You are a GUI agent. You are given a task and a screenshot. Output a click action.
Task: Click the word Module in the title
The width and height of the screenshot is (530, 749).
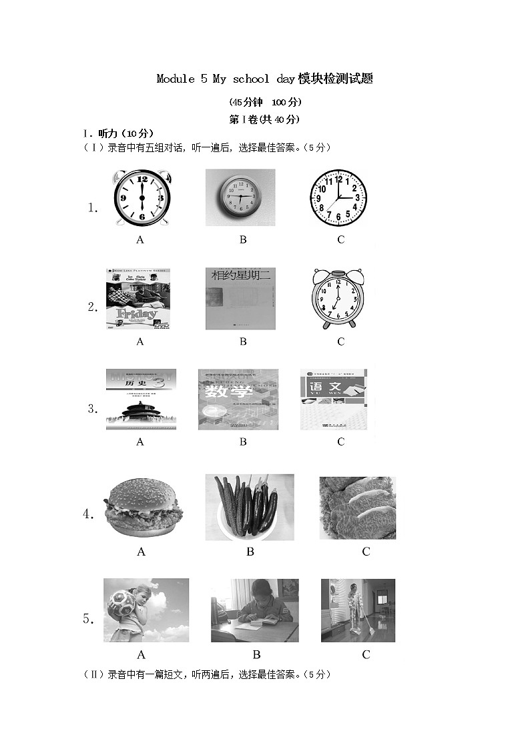click(x=175, y=79)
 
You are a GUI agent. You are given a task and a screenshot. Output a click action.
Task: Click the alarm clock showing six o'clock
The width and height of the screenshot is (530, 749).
click(x=142, y=198)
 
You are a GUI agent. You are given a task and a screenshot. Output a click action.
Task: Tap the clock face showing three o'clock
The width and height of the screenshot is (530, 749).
click(x=338, y=198)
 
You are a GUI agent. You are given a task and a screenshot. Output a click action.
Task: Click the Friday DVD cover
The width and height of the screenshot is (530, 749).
click(x=140, y=299)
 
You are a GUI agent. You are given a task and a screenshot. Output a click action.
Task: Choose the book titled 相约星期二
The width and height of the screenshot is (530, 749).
click(x=240, y=299)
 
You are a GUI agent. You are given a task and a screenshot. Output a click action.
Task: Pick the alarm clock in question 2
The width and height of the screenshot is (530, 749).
click(x=338, y=299)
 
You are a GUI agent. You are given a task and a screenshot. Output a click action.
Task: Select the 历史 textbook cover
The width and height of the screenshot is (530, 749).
click(x=141, y=399)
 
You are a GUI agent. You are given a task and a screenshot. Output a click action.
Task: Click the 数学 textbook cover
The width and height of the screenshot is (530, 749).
click(x=238, y=399)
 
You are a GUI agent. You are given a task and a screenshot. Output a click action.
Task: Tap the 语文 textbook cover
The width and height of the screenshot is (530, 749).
click(x=336, y=399)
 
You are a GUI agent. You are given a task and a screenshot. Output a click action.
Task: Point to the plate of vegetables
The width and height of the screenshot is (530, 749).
click(x=250, y=508)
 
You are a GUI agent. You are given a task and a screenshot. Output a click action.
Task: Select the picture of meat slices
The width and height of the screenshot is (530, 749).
click(x=357, y=508)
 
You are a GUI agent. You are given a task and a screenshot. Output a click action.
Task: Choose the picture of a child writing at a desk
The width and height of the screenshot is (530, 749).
click(x=254, y=610)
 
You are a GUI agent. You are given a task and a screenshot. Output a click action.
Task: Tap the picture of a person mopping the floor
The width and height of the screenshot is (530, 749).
click(x=358, y=610)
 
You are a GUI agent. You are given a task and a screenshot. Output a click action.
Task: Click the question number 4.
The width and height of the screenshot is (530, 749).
click(x=88, y=514)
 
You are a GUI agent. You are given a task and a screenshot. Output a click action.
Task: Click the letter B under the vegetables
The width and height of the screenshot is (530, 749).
click(x=250, y=552)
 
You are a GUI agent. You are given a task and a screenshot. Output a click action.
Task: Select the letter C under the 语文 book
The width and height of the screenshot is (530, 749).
click(x=340, y=442)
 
